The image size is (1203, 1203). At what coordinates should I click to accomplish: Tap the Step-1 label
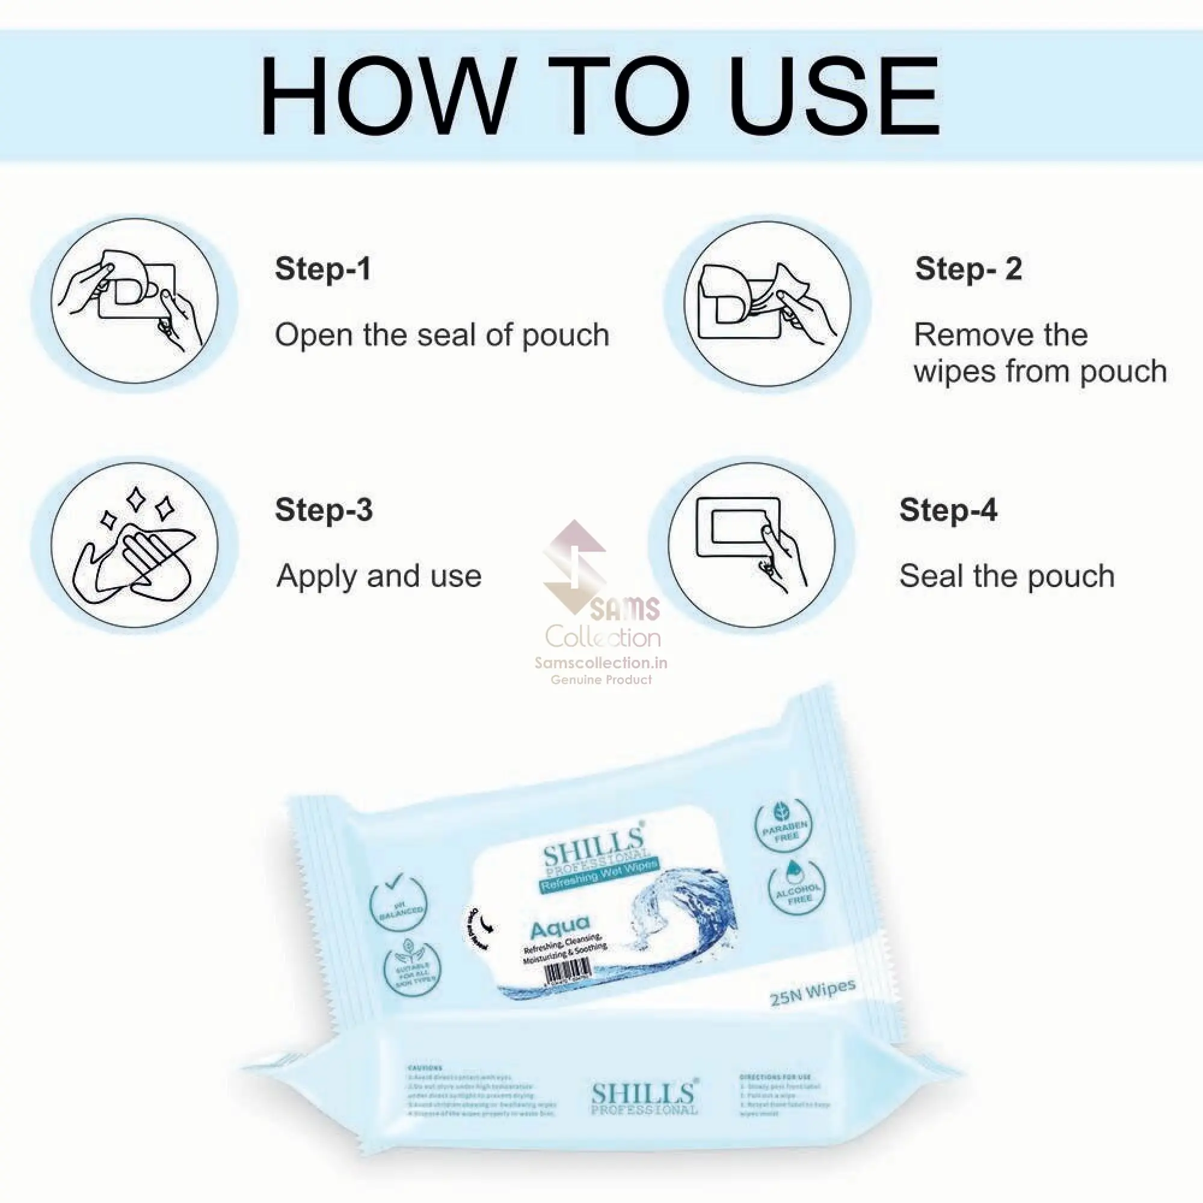[x=322, y=269]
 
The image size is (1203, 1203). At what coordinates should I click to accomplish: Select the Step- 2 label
[x=968, y=269]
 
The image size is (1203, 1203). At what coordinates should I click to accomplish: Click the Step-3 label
[x=324, y=510]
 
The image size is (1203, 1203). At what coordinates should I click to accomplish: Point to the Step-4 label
[x=948, y=510]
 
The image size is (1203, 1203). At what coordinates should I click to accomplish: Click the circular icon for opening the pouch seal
[x=135, y=301]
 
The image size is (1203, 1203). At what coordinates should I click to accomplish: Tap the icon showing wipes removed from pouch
[x=767, y=303]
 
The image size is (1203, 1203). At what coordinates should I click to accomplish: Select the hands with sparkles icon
[x=135, y=545]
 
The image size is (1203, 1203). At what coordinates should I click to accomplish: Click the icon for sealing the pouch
[x=751, y=545]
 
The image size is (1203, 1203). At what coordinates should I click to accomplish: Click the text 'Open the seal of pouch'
[x=442, y=336]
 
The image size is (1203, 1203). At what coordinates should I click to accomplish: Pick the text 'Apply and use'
[x=378, y=576]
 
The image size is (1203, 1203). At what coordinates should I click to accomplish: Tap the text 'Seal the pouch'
[x=1006, y=576]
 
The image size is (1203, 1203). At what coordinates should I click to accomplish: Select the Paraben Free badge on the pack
[x=783, y=826]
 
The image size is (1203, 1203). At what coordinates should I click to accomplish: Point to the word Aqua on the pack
[x=560, y=928]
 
